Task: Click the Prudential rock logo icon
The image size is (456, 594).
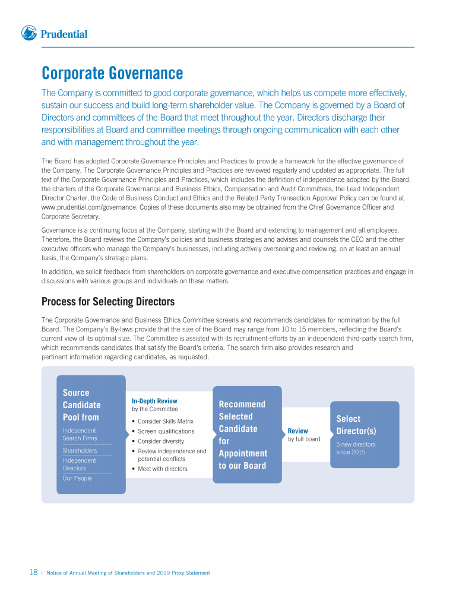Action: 29,33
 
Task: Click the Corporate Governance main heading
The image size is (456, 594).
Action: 112,74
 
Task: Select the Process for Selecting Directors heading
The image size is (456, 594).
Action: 108,302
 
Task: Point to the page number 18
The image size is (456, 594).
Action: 34,573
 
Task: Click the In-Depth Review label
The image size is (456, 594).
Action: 154,401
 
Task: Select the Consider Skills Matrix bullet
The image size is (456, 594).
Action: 166,421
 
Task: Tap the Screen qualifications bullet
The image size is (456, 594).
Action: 166,431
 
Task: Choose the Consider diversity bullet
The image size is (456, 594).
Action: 161,441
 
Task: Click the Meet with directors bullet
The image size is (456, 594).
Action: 162,469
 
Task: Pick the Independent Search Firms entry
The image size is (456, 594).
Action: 80,434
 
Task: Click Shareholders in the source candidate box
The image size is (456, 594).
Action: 80,450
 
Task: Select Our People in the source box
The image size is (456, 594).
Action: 77,478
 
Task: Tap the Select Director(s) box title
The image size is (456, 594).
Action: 356,425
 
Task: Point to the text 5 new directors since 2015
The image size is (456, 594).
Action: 356,448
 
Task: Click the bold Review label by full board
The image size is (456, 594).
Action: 297,431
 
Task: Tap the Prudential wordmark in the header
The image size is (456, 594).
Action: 64,34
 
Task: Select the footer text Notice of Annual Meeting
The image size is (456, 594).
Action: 128,573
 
